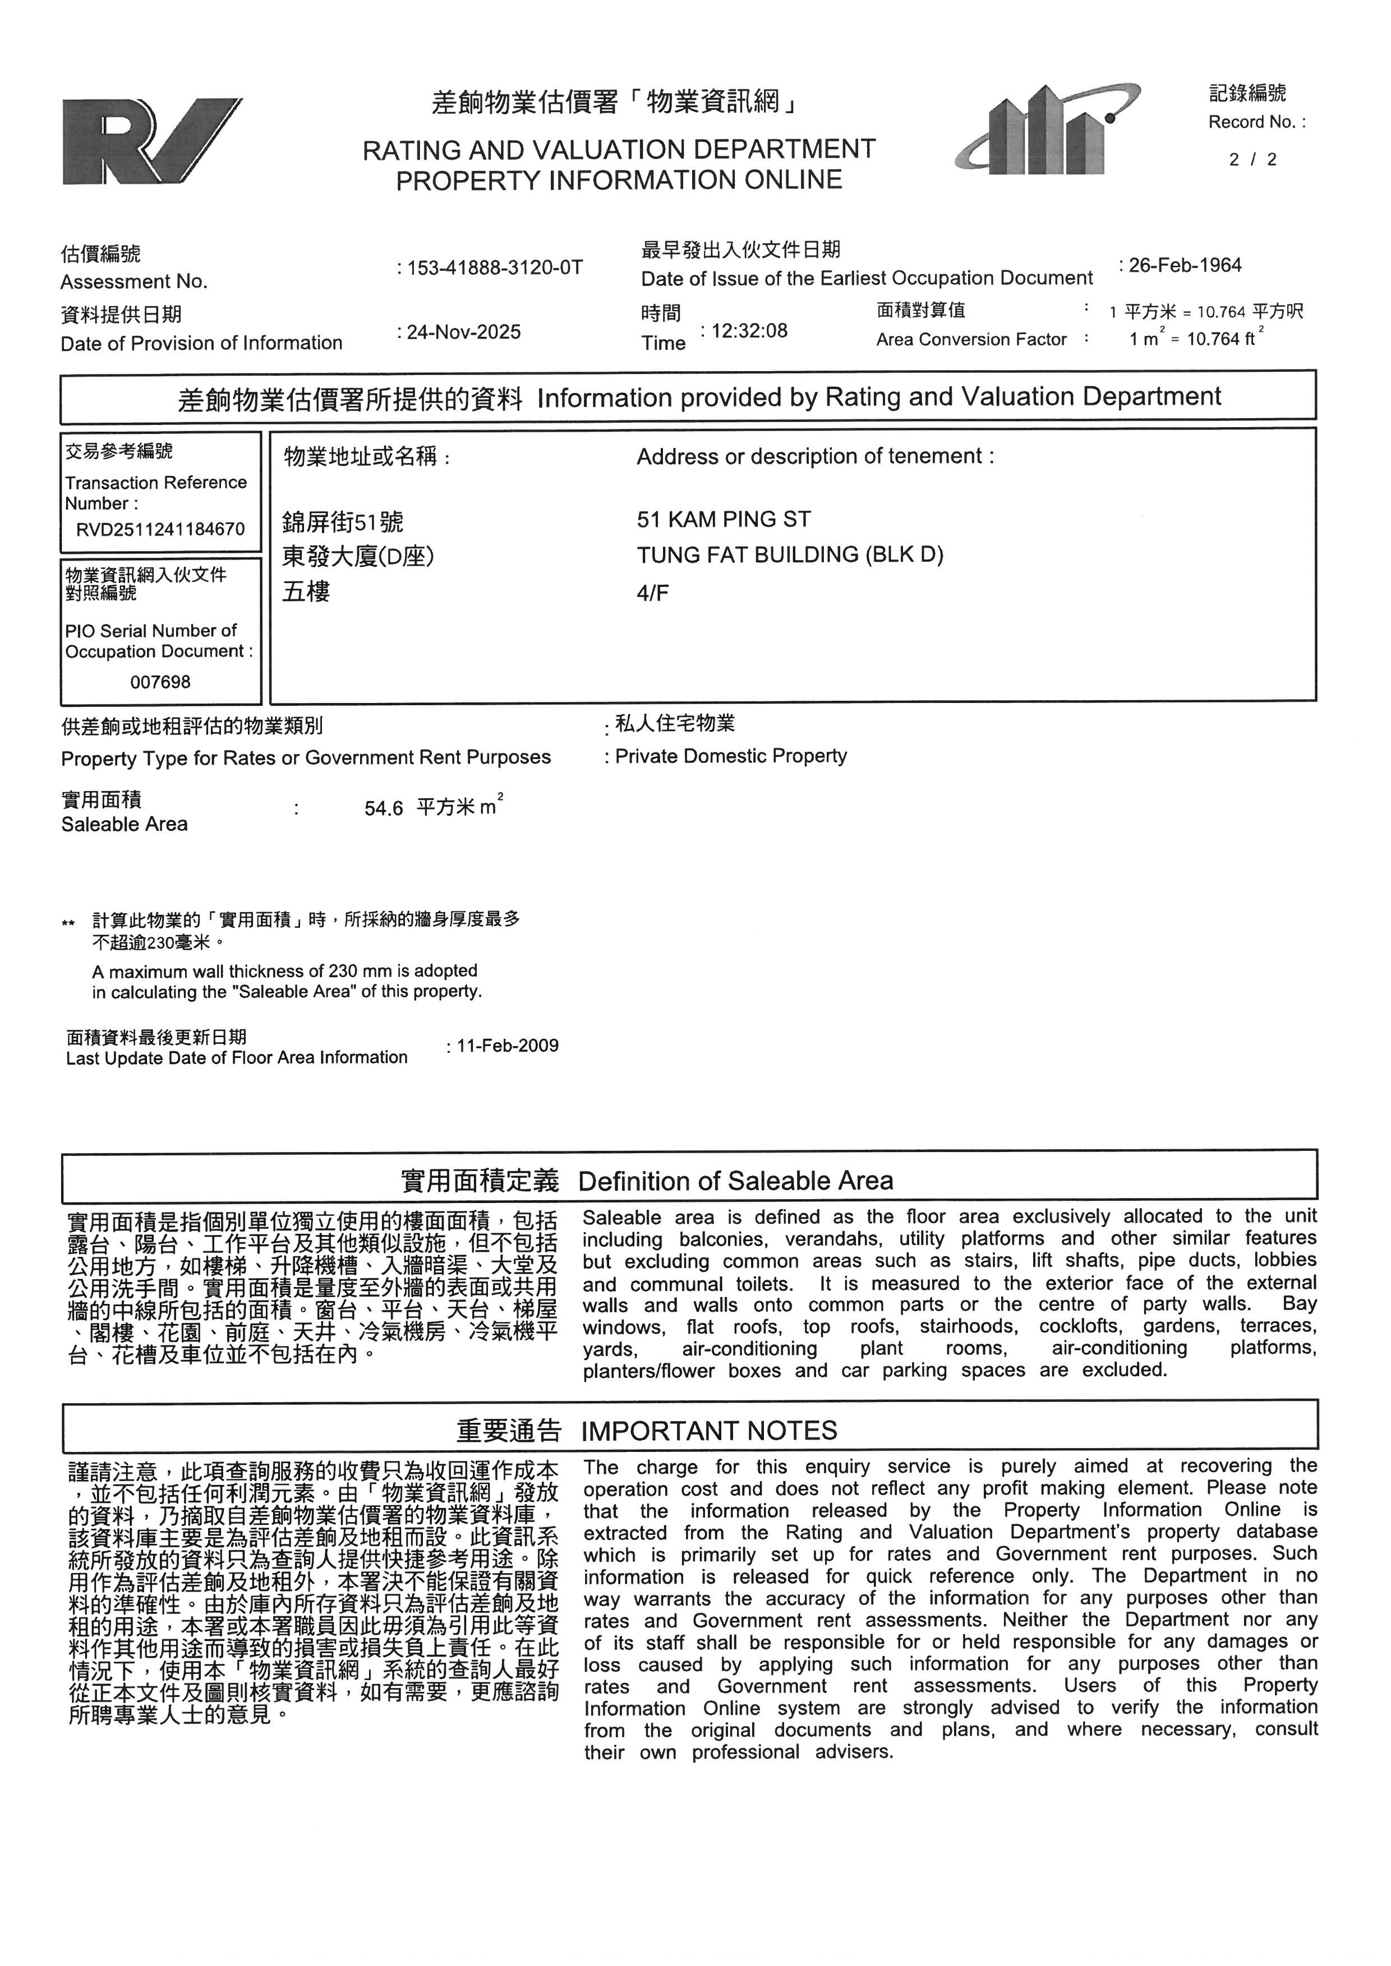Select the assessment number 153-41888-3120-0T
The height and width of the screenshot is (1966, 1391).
[494, 268]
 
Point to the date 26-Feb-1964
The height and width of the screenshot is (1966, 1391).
[1185, 266]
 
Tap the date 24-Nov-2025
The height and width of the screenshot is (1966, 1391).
[463, 332]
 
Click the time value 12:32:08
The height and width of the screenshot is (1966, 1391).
[749, 331]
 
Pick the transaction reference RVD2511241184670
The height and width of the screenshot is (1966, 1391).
[160, 529]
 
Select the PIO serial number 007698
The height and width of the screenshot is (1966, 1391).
[160, 682]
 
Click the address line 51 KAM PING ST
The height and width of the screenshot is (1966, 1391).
[724, 520]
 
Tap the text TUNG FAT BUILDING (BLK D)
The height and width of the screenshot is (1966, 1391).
[790, 555]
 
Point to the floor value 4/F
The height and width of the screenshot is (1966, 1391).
[653, 593]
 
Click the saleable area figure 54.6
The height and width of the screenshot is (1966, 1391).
[383, 809]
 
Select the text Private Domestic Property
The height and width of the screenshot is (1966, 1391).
[731, 756]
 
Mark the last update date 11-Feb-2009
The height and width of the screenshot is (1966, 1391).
[507, 1046]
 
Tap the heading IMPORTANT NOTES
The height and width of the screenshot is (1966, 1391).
[709, 1431]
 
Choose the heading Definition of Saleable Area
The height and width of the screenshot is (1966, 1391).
[735, 1181]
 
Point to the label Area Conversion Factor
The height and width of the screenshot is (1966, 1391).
[971, 340]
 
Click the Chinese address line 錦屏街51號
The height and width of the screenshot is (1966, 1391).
[343, 521]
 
